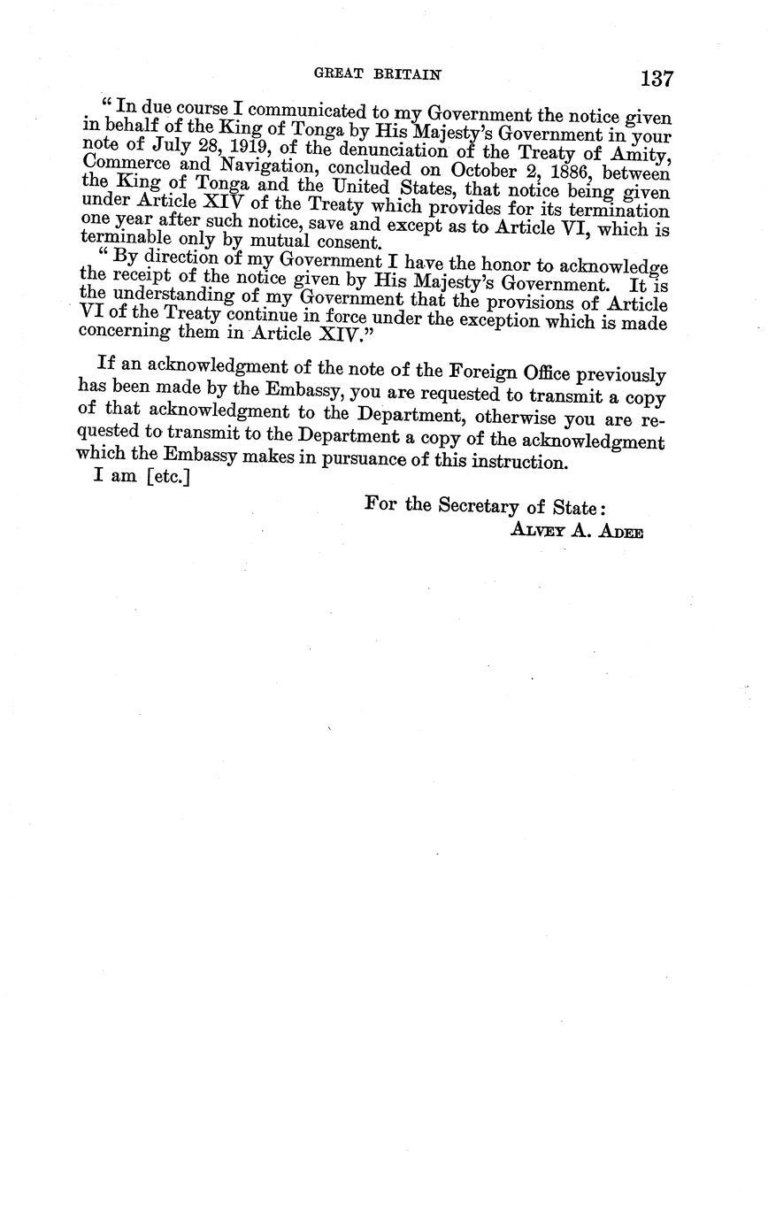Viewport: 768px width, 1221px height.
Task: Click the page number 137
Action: (x=657, y=79)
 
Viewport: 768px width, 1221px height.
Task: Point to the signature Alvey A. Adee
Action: (x=576, y=531)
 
